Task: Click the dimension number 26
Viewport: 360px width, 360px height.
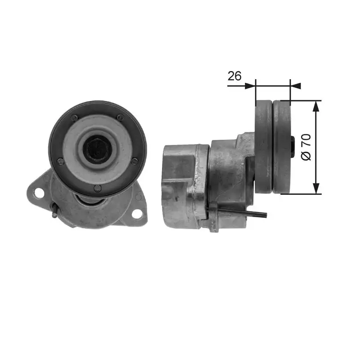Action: tap(234, 76)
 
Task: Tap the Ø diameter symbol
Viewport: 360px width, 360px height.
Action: tap(306, 155)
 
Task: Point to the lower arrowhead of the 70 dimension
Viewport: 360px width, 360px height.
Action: tap(316, 189)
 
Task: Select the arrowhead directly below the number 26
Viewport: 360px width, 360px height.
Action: tap(250, 85)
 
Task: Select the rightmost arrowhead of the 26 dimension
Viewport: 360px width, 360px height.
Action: tap(296, 85)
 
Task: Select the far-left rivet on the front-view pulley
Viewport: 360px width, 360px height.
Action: tap(60, 161)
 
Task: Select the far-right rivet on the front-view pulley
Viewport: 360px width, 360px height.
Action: tap(134, 161)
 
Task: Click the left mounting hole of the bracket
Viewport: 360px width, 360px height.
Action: tap(39, 193)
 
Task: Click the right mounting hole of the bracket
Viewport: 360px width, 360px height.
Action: tap(137, 214)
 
